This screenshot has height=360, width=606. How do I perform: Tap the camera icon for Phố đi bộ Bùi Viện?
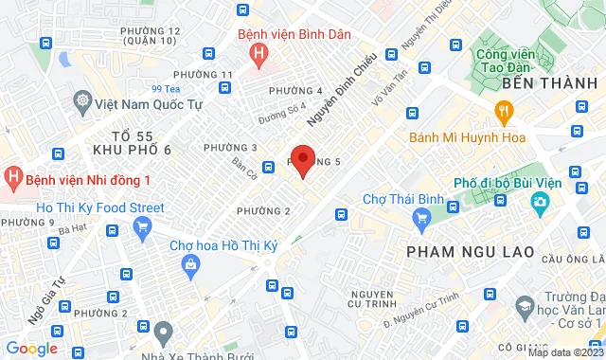[541, 202]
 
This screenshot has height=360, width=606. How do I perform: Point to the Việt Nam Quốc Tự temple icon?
[84, 102]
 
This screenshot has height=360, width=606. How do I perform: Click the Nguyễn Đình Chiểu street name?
[342, 90]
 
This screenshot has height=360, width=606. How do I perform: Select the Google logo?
[30, 349]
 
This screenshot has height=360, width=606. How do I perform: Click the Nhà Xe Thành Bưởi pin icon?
[164, 332]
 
